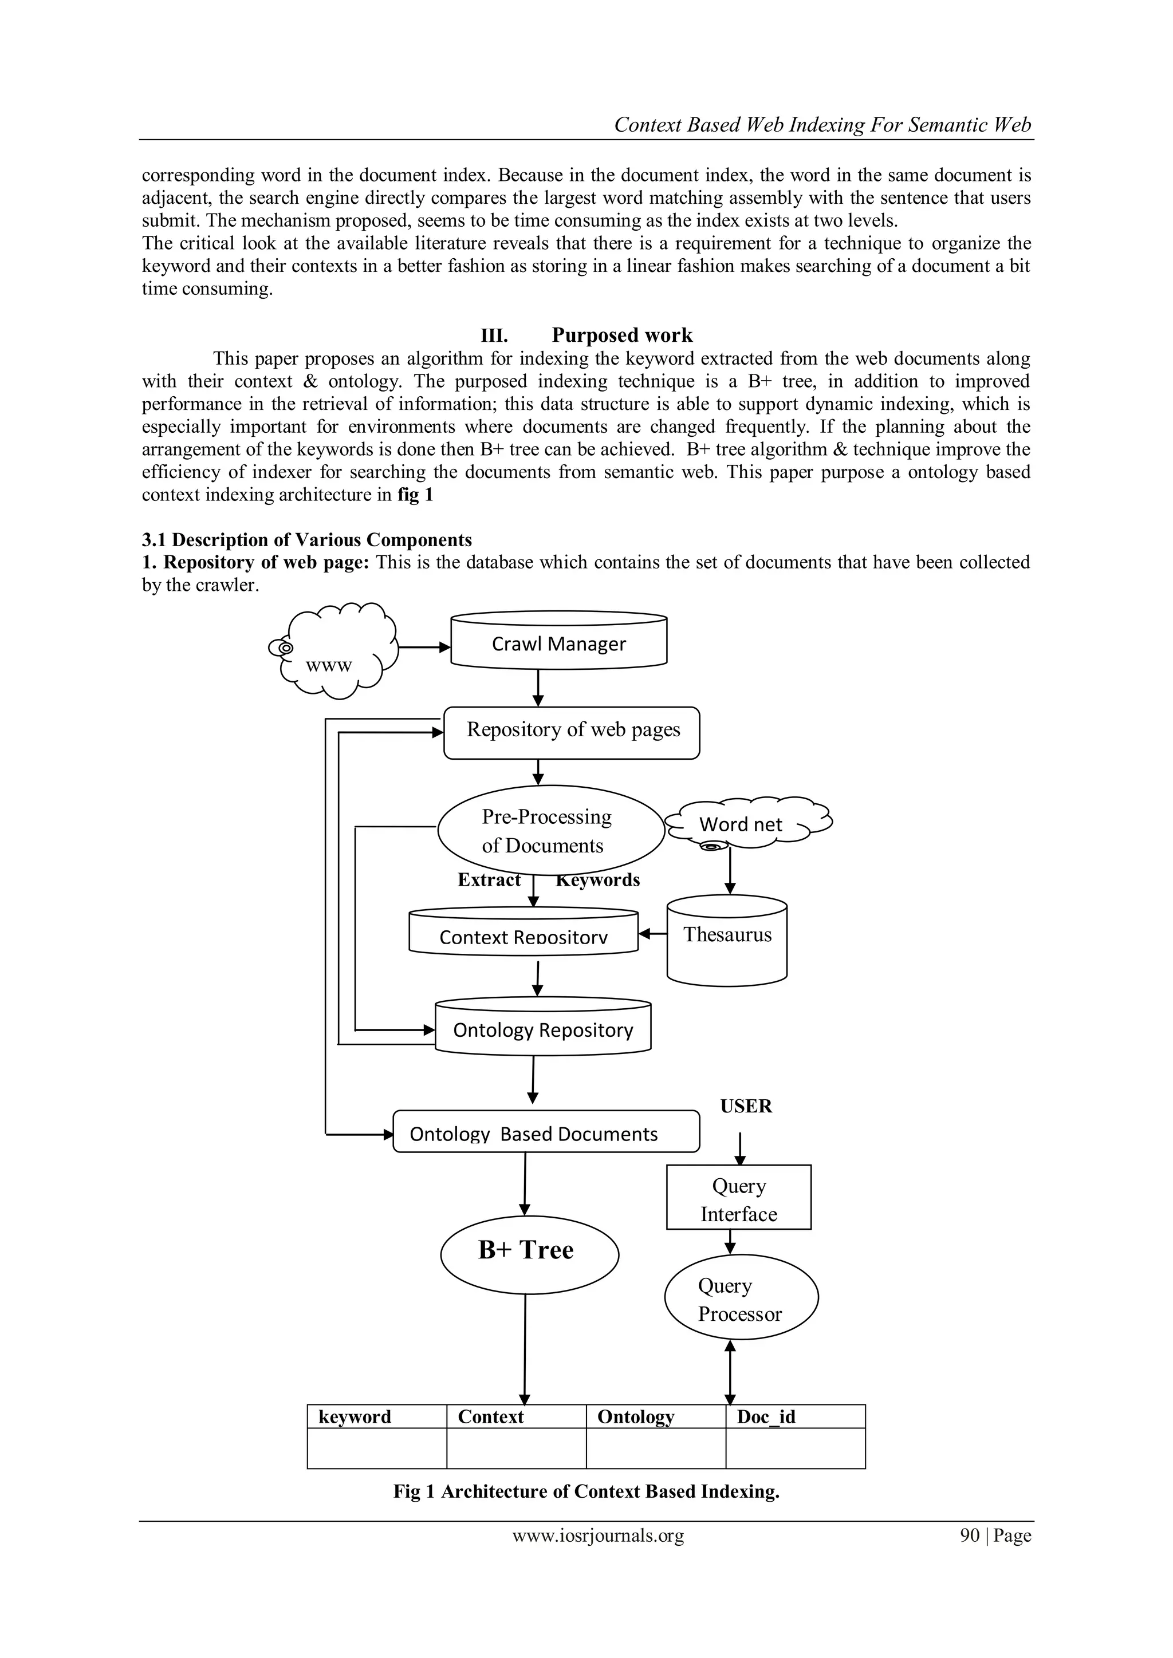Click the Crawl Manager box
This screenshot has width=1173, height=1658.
tap(558, 643)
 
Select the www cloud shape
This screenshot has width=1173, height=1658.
tap(336, 652)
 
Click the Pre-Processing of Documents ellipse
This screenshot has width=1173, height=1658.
tap(550, 831)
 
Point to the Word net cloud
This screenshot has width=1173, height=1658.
tap(744, 824)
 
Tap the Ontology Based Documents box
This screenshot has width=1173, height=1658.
tap(545, 1133)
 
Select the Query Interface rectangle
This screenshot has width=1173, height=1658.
tap(738, 1199)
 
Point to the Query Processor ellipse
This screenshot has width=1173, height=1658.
tap(741, 1298)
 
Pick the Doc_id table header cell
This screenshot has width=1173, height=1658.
tap(794, 1417)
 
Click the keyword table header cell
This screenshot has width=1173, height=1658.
tap(376, 1417)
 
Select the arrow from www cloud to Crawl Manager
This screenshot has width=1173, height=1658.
tap(424, 648)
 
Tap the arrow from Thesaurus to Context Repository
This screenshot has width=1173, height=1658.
tap(653, 934)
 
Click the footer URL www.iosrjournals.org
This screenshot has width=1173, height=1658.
tap(597, 1536)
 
